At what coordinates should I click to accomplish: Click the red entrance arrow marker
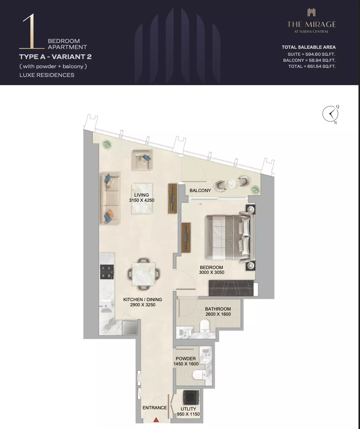click(156, 420)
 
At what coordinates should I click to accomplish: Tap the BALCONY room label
click(200, 191)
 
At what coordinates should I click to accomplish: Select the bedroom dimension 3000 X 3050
click(212, 272)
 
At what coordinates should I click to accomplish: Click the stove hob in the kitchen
click(107, 272)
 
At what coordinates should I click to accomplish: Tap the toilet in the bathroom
click(205, 327)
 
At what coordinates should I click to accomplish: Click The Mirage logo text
click(312, 25)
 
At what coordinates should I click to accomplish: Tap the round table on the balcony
click(232, 184)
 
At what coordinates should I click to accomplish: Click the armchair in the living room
click(142, 160)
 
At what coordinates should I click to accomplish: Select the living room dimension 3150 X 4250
click(142, 200)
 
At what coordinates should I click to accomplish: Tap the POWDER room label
click(186, 358)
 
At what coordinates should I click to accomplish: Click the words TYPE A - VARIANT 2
click(55, 57)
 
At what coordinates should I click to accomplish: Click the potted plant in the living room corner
click(107, 145)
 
